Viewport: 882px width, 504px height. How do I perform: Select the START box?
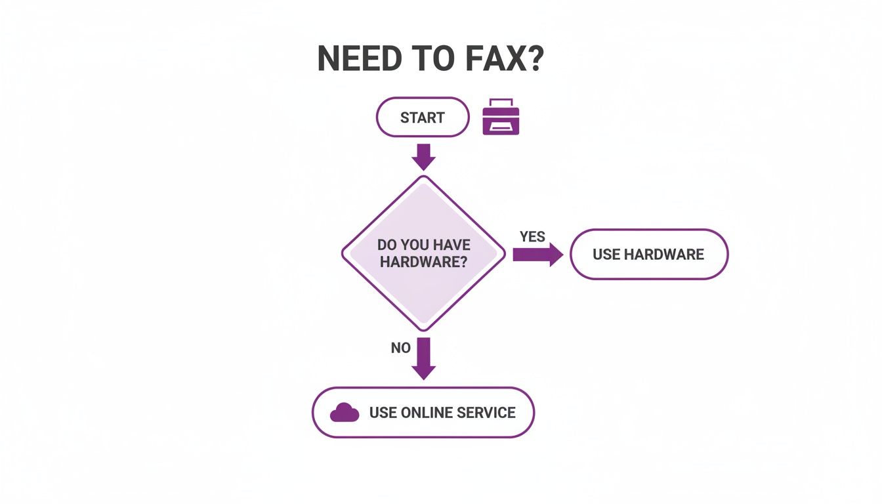click(423, 117)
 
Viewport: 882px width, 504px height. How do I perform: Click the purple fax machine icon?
click(501, 117)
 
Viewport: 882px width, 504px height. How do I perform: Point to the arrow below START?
click(423, 156)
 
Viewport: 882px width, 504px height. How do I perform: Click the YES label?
click(532, 237)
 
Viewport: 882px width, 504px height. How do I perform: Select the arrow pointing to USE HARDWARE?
click(537, 255)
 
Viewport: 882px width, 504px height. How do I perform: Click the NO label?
click(400, 348)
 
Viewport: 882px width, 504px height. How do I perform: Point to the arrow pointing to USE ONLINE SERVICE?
click(423, 358)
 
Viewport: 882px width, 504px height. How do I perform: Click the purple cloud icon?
click(345, 413)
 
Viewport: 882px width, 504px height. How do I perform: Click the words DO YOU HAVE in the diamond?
click(424, 245)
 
